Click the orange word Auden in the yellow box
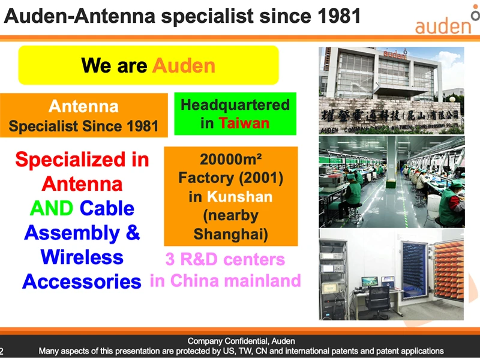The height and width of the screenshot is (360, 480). (184, 65)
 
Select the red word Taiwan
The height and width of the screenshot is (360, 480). (244, 124)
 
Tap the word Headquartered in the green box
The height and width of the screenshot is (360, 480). (235, 105)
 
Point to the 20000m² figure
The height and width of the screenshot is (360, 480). (231, 160)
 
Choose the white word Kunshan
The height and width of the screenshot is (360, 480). (239, 197)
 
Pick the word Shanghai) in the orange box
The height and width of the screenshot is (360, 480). (230, 234)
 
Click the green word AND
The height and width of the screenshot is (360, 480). (51, 208)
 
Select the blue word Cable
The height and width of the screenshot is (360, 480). (107, 208)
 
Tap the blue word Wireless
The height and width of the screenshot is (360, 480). (82, 257)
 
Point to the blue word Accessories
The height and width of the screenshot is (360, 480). (82, 281)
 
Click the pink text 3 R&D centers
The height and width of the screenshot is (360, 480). (225, 260)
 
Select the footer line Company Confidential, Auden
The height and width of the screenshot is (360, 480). (241, 341)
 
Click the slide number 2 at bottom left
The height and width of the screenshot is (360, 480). (2, 351)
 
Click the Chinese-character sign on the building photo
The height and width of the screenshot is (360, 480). (391, 113)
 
